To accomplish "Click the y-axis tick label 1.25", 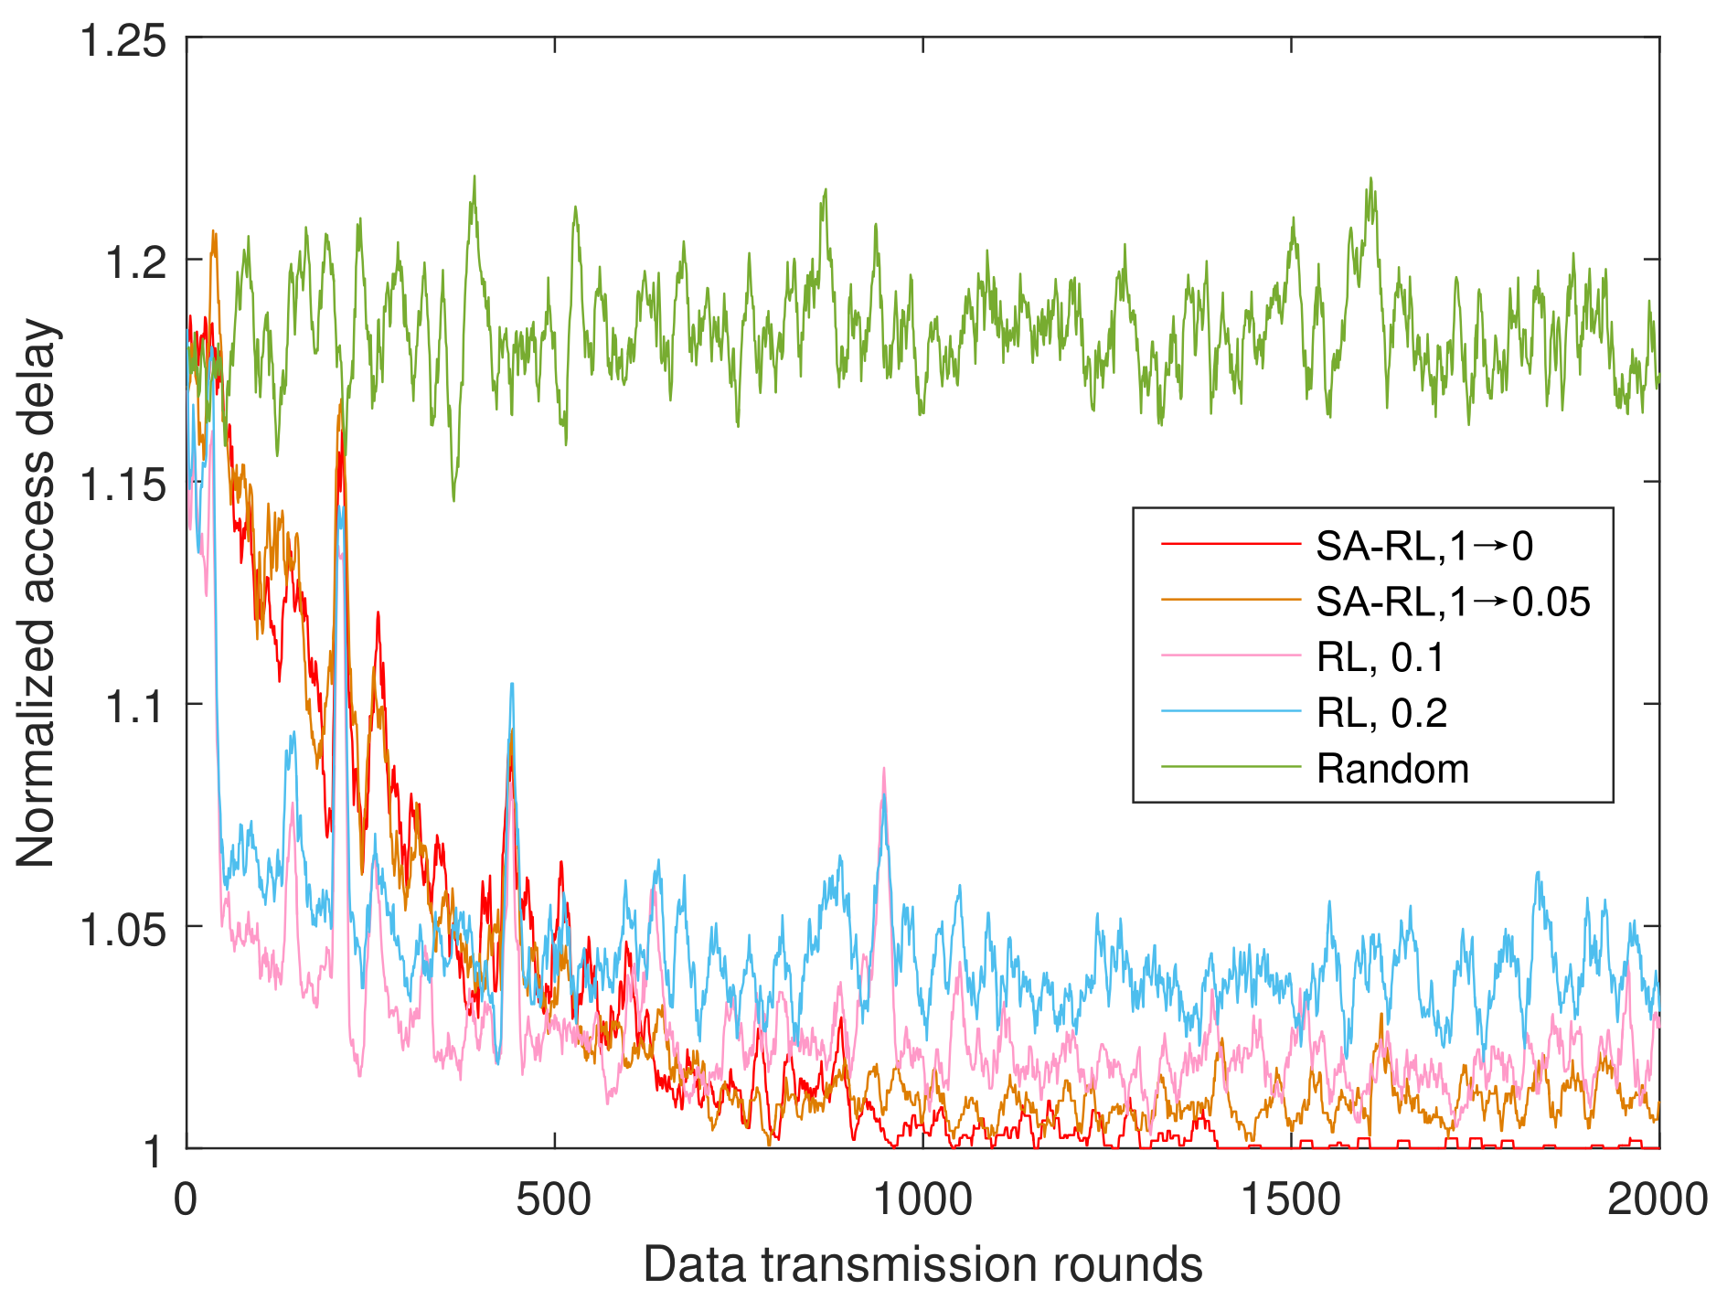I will point(123,42).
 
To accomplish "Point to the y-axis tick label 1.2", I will point(135,263).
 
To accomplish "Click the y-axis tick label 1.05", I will point(123,930).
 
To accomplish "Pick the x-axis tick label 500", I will point(554,1199).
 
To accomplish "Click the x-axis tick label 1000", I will point(922,1199).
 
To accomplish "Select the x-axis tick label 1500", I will point(1291,1199).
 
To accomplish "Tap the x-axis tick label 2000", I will point(1658,1199).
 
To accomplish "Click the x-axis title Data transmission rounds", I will point(922,1265).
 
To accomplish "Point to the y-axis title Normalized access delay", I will point(37,592).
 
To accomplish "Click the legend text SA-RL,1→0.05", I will point(1453,602).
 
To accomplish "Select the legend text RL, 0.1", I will point(1380,657).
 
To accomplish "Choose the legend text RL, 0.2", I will point(1381,713).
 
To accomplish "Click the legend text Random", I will point(1392,769).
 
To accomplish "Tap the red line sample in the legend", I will point(1230,546).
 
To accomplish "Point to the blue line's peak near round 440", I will point(512,684).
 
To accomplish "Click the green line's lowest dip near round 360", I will point(453,500).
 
